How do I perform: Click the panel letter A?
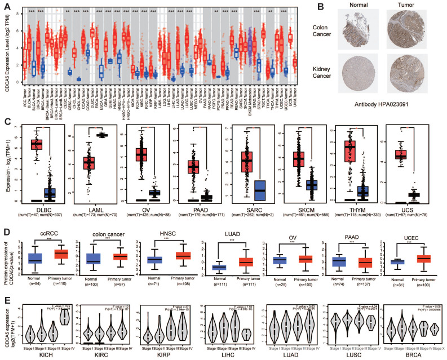point(5,5)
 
